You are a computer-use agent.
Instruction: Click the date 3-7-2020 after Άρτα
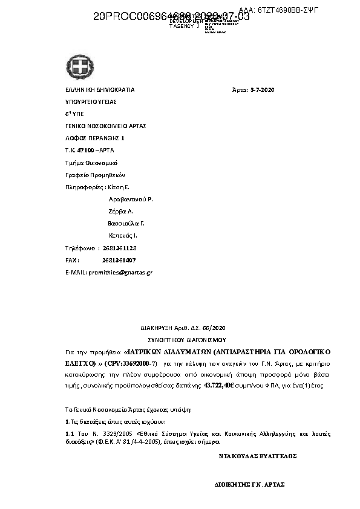(262, 90)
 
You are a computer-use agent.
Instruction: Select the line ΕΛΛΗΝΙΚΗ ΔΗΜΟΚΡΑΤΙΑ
(100, 90)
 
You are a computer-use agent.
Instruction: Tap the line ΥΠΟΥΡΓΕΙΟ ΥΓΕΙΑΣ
(90, 102)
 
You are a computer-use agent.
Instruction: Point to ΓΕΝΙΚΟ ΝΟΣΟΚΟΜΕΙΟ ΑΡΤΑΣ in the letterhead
(105, 126)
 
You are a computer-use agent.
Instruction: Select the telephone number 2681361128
(120, 248)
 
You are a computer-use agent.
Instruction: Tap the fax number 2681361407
(119, 260)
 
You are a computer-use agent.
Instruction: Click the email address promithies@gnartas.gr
(120, 273)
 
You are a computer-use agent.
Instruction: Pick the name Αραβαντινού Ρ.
(131, 199)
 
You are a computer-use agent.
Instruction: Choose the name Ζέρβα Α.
(121, 211)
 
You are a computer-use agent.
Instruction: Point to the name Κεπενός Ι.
(123, 235)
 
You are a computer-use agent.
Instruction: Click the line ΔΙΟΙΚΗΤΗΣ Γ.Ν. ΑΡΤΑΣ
(249, 484)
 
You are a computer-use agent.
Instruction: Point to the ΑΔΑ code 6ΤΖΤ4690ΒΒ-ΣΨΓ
(287, 10)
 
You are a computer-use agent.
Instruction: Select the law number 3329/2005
(102, 433)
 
